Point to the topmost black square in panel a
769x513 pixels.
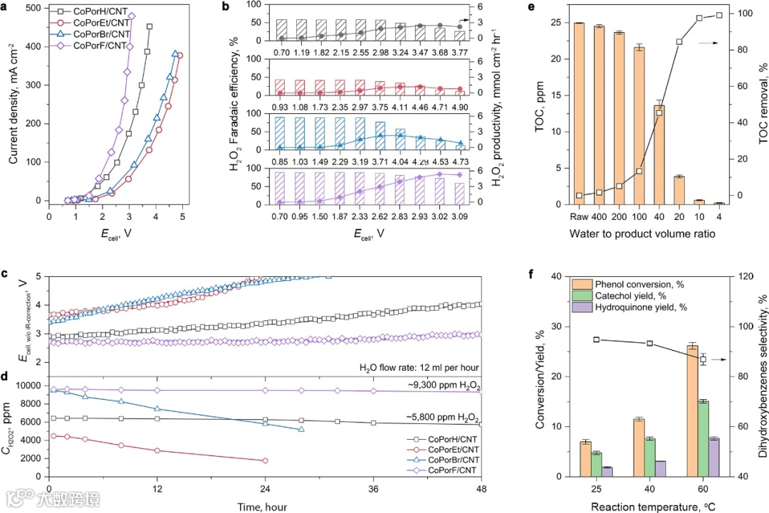pos(150,27)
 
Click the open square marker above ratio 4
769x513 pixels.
pos(719,15)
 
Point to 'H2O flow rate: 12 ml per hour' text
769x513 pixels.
pos(418,367)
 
